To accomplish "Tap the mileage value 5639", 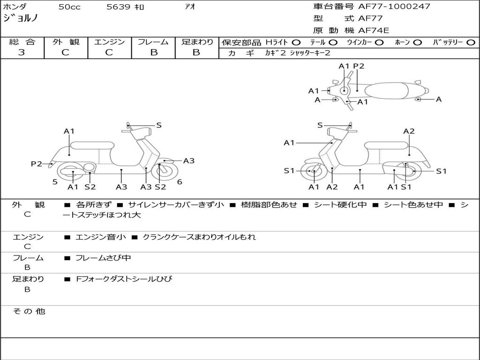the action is (119, 7).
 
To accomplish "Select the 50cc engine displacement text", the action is (69, 7).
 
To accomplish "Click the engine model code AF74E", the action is (374, 31).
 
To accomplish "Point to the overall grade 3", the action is (22, 52).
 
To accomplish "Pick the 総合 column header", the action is (22, 42).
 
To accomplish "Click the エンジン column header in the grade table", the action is (109, 42).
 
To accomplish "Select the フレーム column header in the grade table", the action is (153, 42).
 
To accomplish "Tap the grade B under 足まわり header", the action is (196, 52).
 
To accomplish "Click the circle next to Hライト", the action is (296, 43).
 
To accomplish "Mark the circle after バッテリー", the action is (471, 43).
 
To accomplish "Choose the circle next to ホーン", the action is (417, 43).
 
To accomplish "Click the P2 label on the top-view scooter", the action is (359, 66).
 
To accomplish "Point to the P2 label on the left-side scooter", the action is (37, 164).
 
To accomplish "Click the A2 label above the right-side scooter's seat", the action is (409, 131).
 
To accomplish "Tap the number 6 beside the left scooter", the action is (180, 182).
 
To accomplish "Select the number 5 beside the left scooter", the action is (55, 182).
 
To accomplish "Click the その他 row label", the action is (29, 311).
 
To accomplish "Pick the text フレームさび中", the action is (103, 258).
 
